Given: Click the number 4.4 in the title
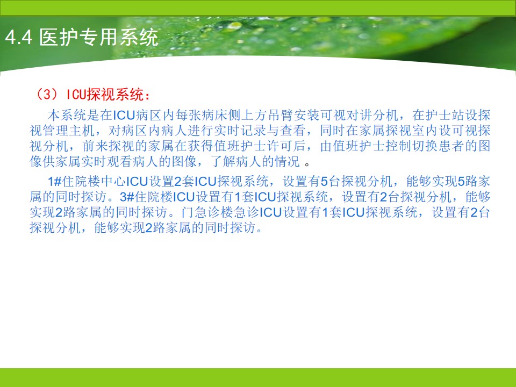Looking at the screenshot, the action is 19,37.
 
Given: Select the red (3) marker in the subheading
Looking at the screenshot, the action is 48,95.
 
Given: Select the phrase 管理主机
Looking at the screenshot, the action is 69,131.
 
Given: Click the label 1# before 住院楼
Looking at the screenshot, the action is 55,181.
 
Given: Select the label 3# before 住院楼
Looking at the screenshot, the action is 127,197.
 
